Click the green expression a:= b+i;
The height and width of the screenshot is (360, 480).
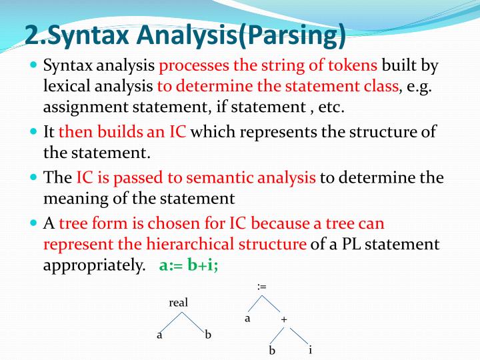189,265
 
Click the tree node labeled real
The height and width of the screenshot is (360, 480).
179,303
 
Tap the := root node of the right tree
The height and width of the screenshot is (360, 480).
262,286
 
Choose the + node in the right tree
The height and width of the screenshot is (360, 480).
284,320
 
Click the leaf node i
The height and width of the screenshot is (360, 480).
311,349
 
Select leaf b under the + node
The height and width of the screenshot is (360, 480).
272,350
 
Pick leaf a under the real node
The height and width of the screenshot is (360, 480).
159,335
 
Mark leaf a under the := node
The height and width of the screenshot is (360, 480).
247,319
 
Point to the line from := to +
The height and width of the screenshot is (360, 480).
273,303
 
